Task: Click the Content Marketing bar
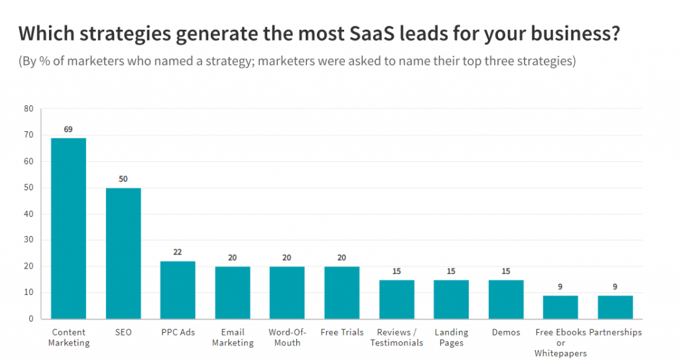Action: tap(68, 228)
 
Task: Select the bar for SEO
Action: tap(123, 253)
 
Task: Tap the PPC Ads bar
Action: tap(178, 290)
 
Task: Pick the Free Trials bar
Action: tap(341, 292)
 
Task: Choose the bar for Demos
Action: tap(506, 299)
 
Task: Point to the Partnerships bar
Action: tap(615, 307)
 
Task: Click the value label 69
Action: tap(68, 129)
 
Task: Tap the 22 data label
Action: tap(178, 253)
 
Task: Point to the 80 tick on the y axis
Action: tap(28, 109)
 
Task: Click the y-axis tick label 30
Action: tap(28, 240)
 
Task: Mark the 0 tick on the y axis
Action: tap(30, 319)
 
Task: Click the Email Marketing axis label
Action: tap(233, 337)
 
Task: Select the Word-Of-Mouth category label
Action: tap(287, 337)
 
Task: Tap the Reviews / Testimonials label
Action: tap(397, 337)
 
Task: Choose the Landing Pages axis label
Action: tap(451, 337)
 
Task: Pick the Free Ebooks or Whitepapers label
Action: tap(560, 343)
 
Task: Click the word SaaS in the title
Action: tap(379, 34)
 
